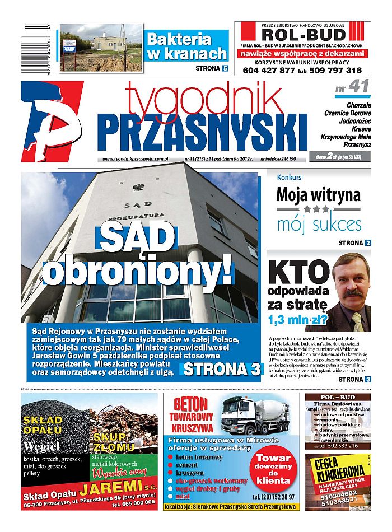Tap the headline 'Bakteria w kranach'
pyautogui.click(x=186, y=46)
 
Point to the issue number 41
pyautogui.click(x=357, y=87)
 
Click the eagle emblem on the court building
pyautogui.click(x=135, y=188)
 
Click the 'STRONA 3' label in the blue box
pyautogui.click(x=222, y=370)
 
